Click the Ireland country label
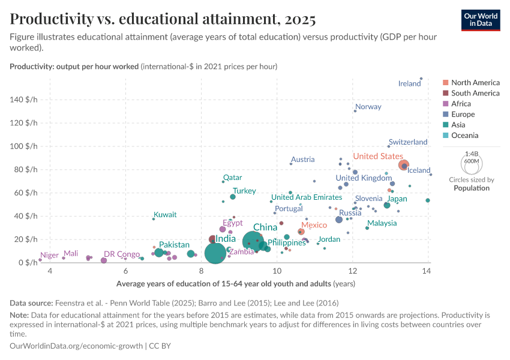[409, 83]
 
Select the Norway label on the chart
[368, 107]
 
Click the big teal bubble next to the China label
[254, 242]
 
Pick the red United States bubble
[404, 165]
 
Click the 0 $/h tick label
[27, 263]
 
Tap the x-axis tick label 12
[352, 271]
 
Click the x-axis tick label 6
[125, 271]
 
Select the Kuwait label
[165, 214]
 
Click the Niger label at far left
[49, 255]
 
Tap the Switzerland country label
[408, 142]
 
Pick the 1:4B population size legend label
[472, 154]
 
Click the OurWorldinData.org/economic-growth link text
[77, 346]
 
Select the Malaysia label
[382, 223]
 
